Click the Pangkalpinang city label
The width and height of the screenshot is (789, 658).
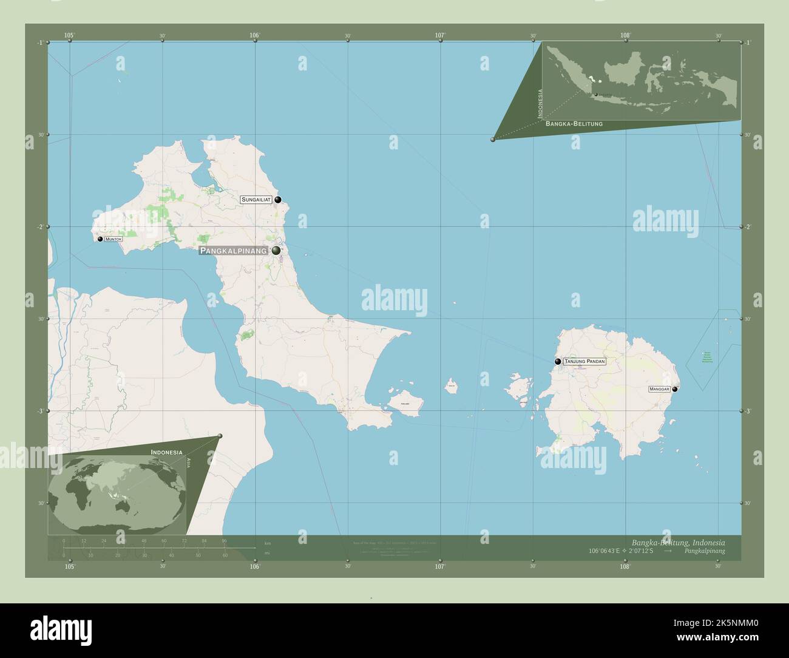coord(234,251)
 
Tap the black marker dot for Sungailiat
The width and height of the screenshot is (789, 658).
coord(278,200)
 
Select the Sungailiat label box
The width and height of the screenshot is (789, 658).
coord(256,200)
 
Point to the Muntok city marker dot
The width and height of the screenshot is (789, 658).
coord(100,239)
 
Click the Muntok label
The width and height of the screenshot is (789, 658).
coord(113,240)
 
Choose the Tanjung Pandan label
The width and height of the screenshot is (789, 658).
coord(584,362)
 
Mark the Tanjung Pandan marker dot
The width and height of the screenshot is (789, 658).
coord(558,362)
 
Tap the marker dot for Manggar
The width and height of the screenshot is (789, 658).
coord(675,389)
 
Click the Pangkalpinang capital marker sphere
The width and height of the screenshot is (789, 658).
coord(276,251)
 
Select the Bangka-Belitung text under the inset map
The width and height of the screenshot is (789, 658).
coord(574,124)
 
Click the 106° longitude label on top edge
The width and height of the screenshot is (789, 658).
coord(255,36)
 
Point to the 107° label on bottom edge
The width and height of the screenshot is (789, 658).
coord(440,566)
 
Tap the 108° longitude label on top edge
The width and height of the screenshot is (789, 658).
coord(626,36)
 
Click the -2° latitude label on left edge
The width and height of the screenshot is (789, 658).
coord(39,227)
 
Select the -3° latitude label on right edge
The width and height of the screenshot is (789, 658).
coord(748,411)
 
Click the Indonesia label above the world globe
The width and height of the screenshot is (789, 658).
coord(166,452)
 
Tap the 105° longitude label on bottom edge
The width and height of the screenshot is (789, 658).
coord(70,566)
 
